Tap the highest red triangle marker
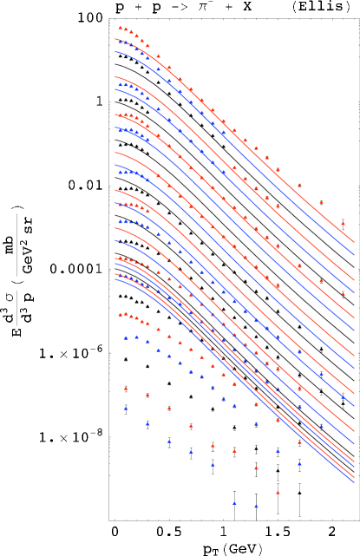coord(121,27)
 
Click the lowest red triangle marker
coord(278,493)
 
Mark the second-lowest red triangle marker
coord(256,468)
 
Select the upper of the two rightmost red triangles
coord(343,224)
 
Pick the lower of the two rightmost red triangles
coord(343,293)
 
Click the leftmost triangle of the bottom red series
coord(126,389)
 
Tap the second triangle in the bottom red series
coord(147,396)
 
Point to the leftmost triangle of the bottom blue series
coord(126,408)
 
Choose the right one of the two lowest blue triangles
coord(256,506)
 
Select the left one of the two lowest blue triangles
coord(234,503)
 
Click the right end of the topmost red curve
coord(354,242)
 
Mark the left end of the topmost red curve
coord(115,38)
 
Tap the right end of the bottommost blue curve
coord(354,481)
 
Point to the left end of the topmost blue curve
coord(115,49)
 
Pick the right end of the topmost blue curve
coord(354,256)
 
